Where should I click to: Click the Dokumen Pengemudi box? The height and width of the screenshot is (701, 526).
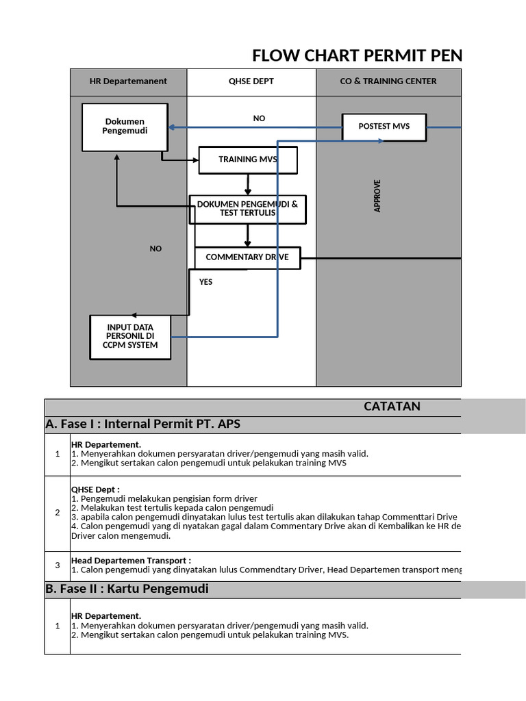125,127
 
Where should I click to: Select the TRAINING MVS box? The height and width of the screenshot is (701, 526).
248,160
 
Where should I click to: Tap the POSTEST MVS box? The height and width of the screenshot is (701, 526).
384,127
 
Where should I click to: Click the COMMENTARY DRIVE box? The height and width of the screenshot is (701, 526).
247,257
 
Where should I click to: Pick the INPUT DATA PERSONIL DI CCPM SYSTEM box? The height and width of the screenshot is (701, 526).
130,337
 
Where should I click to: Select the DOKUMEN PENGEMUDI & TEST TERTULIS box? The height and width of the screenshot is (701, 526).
247,209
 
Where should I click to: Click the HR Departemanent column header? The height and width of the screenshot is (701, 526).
128,81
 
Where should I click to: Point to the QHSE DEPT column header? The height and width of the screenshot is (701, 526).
251,81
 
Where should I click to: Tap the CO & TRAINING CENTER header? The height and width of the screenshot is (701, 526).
388,81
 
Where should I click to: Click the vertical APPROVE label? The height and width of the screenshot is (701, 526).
377,196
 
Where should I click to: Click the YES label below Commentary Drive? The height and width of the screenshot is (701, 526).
205,282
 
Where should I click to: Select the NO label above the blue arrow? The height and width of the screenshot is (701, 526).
259,118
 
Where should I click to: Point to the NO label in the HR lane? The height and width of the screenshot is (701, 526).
155,249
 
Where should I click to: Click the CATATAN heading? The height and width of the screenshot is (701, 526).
392,407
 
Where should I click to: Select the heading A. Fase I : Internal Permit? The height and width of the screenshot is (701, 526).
143,424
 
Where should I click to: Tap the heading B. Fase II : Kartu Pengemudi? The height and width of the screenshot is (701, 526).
127,589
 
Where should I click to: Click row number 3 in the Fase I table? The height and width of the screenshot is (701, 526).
58,565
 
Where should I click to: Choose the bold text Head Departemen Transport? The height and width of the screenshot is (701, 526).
131,561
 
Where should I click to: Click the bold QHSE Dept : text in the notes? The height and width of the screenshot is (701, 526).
95,489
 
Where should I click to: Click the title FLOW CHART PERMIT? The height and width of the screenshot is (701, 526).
356,55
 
